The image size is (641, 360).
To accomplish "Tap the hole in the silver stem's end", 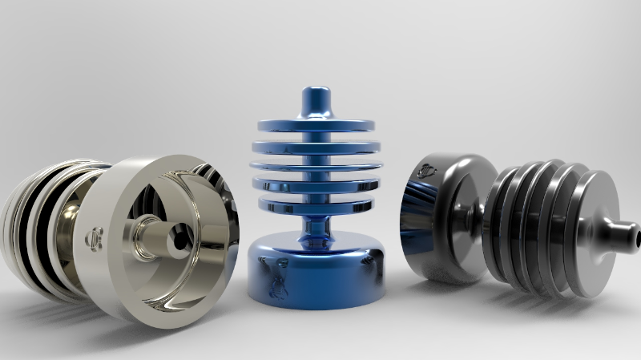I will [x=177, y=237].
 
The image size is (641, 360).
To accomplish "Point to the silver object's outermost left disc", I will [x=16, y=233].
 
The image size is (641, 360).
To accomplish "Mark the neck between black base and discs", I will [x=485, y=216].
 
